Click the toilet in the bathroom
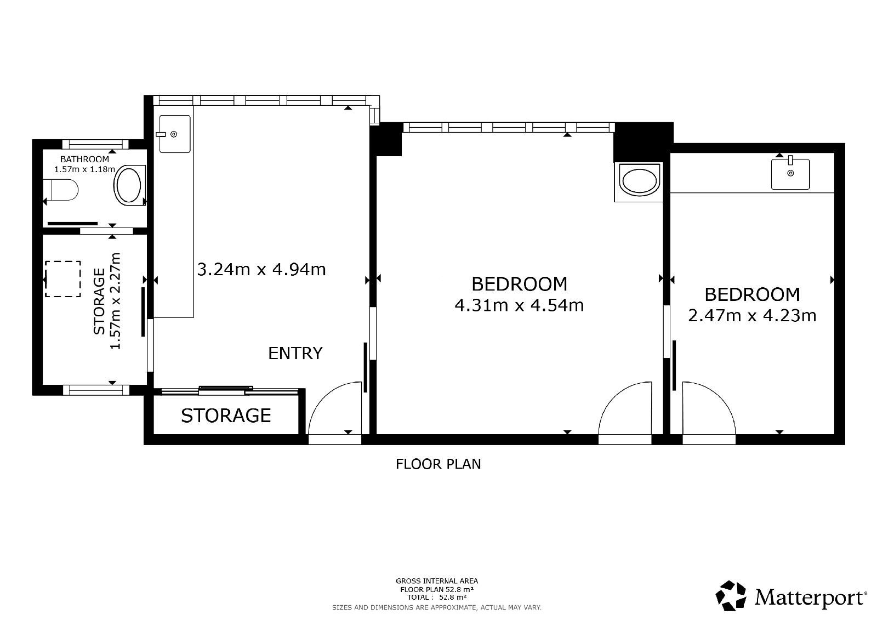click(61, 190)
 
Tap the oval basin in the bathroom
click(129, 185)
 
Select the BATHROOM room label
click(84, 160)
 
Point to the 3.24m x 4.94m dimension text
click(261, 270)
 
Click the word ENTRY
click(295, 353)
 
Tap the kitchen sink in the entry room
click(175, 134)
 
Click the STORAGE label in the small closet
click(226, 416)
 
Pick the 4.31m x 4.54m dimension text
click(519, 305)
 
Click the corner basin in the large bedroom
click(639, 182)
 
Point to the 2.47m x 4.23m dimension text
click(752, 316)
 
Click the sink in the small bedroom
click(790, 174)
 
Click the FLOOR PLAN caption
click(438, 464)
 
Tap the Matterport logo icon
click(731, 595)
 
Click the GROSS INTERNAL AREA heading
click(437, 581)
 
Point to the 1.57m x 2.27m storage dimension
click(116, 301)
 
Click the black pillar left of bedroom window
click(386, 139)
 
